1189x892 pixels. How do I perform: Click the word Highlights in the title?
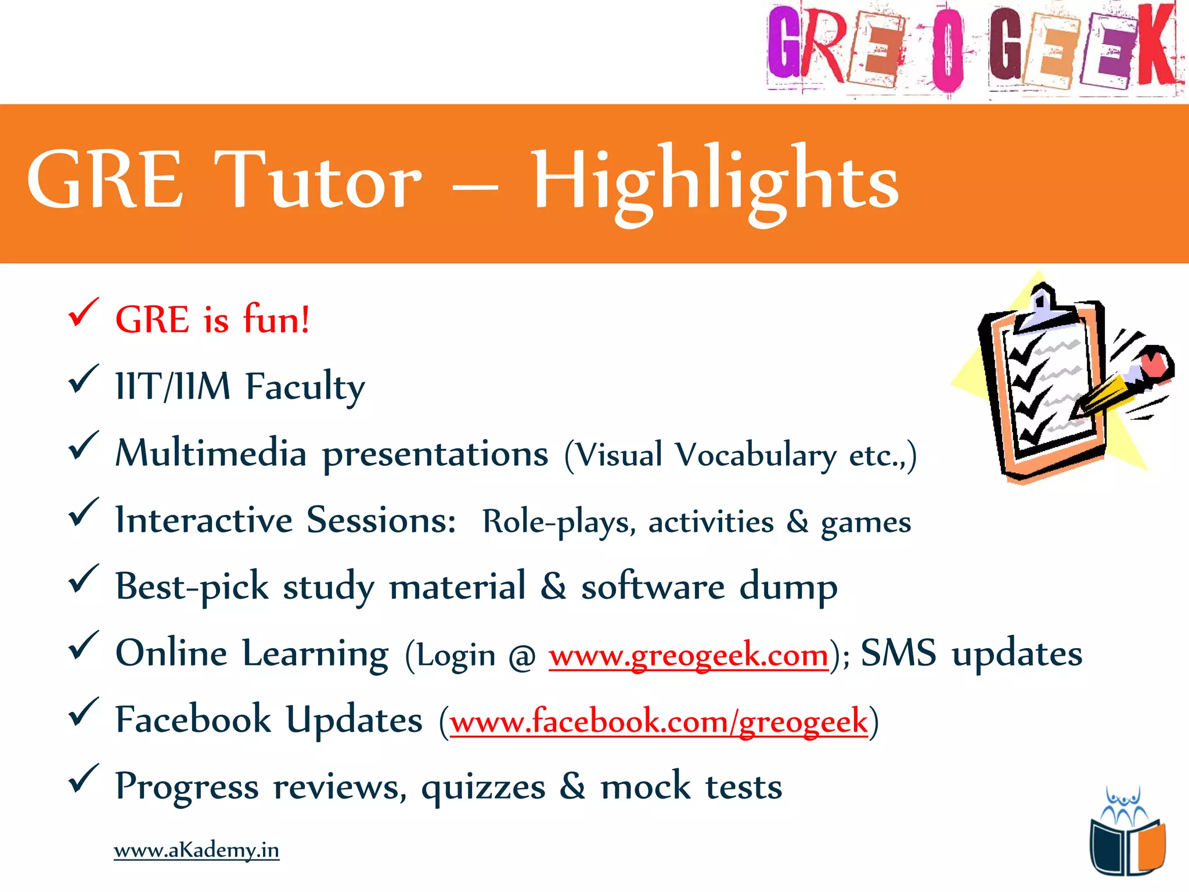(x=715, y=181)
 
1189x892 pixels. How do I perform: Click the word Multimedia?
(x=211, y=454)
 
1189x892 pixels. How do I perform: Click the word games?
(x=866, y=523)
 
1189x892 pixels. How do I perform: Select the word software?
(x=653, y=587)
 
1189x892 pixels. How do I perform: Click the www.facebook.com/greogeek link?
(x=659, y=722)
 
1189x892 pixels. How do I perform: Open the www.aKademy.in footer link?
(x=196, y=850)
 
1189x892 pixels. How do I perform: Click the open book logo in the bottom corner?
(x=1127, y=845)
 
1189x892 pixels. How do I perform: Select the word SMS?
(x=898, y=653)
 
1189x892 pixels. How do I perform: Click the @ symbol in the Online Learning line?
(x=522, y=657)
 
